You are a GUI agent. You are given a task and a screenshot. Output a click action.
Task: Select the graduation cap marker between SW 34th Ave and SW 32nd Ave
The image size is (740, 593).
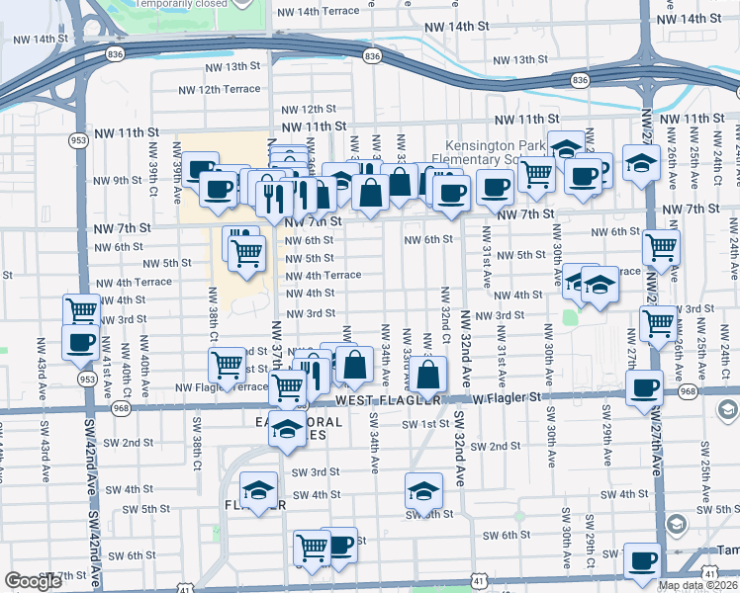click(422, 490)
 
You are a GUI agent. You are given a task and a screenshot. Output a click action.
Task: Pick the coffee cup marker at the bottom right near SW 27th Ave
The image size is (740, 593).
click(642, 559)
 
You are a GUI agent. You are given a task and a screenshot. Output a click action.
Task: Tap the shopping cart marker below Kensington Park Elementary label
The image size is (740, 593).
click(536, 173)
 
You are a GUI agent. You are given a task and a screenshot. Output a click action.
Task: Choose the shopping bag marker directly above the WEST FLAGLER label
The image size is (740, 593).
click(429, 375)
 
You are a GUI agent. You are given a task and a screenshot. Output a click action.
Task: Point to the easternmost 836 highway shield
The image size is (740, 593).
click(580, 79)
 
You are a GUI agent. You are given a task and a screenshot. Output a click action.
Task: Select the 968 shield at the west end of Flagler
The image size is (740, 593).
click(121, 407)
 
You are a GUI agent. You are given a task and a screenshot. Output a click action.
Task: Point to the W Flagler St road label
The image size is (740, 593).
click(506, 397)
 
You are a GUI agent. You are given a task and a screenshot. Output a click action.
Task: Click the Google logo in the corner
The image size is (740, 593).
click(34, 581)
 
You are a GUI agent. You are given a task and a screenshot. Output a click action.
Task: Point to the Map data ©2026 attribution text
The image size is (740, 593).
click(696, 585)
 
